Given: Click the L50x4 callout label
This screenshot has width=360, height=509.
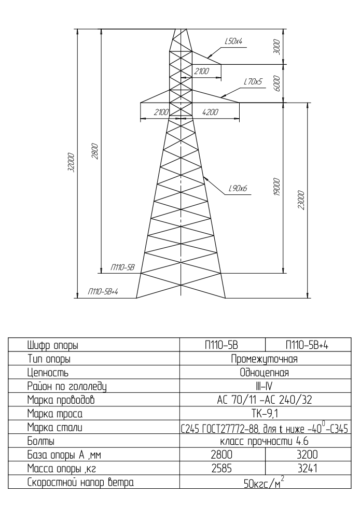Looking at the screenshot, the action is (x=233, y=41).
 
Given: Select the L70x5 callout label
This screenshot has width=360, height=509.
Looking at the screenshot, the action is (x=253, y=82).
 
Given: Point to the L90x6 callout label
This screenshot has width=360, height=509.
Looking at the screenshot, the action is (x=238, y=188).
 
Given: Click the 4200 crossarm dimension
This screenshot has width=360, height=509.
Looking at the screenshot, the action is (x=210, y=112).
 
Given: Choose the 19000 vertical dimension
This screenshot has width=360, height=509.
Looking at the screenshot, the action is (x=276, y=187).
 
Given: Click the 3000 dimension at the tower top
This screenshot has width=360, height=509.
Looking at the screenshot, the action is (x=276, y=47).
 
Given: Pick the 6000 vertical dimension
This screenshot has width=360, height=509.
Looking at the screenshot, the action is (x=276, y=83).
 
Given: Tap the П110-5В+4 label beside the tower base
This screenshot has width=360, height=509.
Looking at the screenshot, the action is (x=103, y=291).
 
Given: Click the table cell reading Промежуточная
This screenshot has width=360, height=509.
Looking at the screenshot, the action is (x=264, y=359).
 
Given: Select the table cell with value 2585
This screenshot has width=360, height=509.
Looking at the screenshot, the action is (x=221, y=469).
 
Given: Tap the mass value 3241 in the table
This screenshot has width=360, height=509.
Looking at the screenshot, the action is (x=307, y=469).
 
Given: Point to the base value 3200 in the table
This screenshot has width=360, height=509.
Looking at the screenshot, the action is (x=307, y=455).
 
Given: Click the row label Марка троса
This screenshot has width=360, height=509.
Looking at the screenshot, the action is (x=55, y=414).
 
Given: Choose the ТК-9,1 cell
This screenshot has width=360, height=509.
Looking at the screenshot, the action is (x=265, y=414).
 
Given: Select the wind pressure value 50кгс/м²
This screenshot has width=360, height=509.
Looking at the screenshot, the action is (x=264, y=483).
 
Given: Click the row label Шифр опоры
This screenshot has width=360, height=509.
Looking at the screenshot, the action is (x=52, y=346).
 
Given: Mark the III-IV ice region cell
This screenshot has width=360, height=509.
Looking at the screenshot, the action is (x=265, y=386).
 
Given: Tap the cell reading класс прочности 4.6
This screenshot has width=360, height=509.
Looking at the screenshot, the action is (x=264, y=442).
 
